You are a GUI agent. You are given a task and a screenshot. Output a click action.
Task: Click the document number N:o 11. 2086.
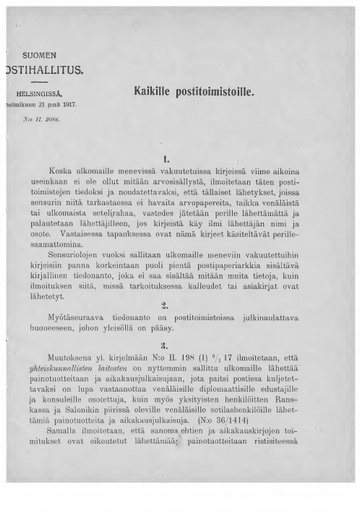click(x=41, y=117)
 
